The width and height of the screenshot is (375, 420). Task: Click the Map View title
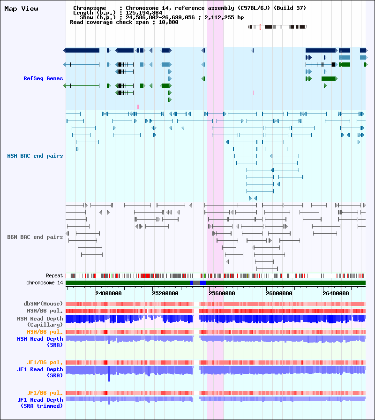coord(21,9)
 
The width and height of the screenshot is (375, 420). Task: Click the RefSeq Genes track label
coord(43,78)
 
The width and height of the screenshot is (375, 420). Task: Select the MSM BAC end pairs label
coord(35,156)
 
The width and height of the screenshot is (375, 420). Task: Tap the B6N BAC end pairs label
coord(35,237)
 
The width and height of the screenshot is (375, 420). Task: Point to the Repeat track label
coord(54,276)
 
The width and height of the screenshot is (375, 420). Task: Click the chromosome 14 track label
coord(45,283)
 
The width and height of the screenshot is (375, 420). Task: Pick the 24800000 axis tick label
coord(108,293)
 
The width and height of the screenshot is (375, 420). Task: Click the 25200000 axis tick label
coord(166,293)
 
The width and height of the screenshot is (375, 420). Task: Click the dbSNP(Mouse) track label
coord(43,304)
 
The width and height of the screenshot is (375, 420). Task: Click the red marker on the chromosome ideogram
coord(260,27)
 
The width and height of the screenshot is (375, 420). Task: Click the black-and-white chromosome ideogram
coord(277,27)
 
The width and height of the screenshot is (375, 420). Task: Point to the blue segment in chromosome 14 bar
coord(203,283)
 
